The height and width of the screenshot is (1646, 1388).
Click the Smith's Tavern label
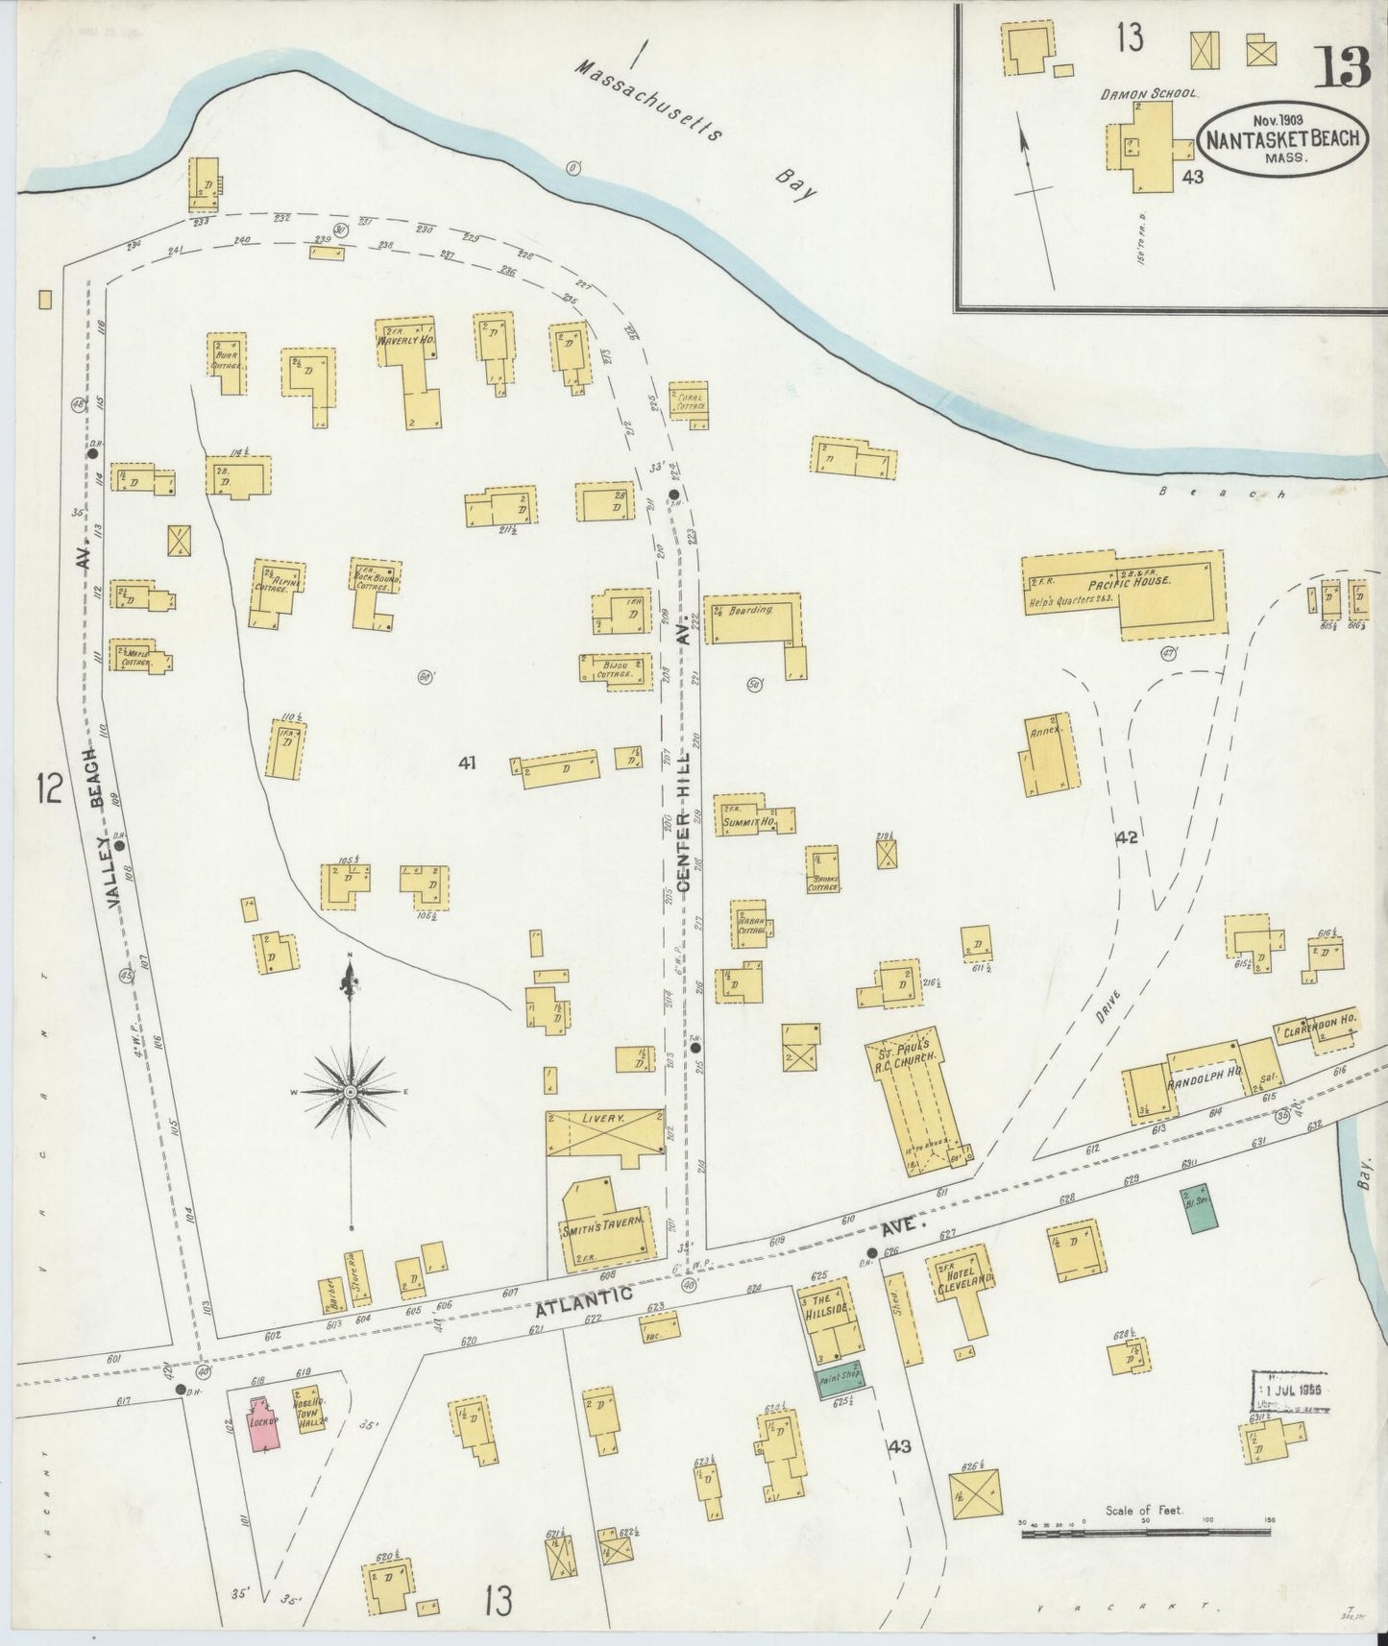coord(598,1228)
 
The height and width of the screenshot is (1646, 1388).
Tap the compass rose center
coord(351,1093)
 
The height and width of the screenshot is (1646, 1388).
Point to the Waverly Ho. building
coord(408,370)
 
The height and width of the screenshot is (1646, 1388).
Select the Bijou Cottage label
coord(615,669)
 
